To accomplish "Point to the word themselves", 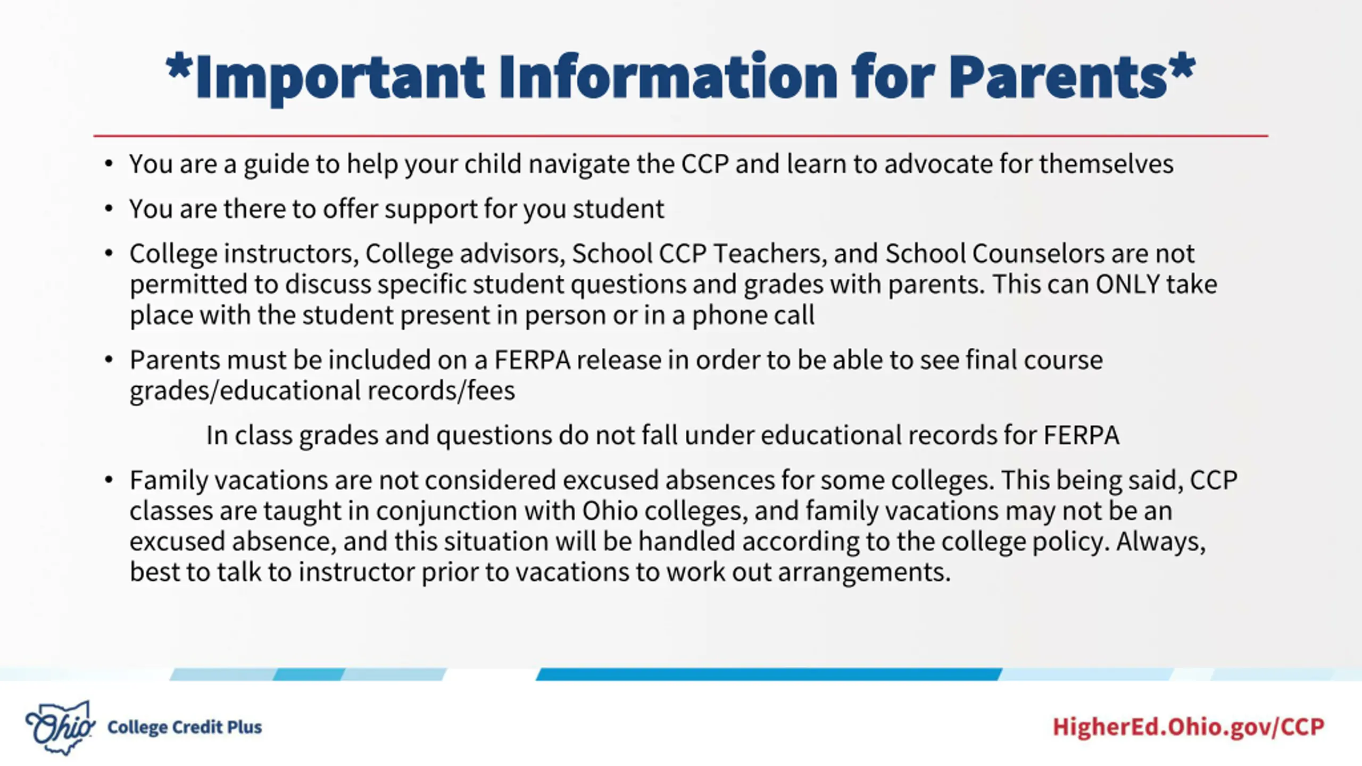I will point(1106,164).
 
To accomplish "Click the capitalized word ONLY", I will point(1127,284).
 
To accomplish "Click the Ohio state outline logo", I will point(60,727).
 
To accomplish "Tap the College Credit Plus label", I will point(185,727).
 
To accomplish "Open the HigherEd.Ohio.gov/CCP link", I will point(1189,727).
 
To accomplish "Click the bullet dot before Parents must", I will point(109,360).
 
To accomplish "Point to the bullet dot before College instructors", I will point(109,253).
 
